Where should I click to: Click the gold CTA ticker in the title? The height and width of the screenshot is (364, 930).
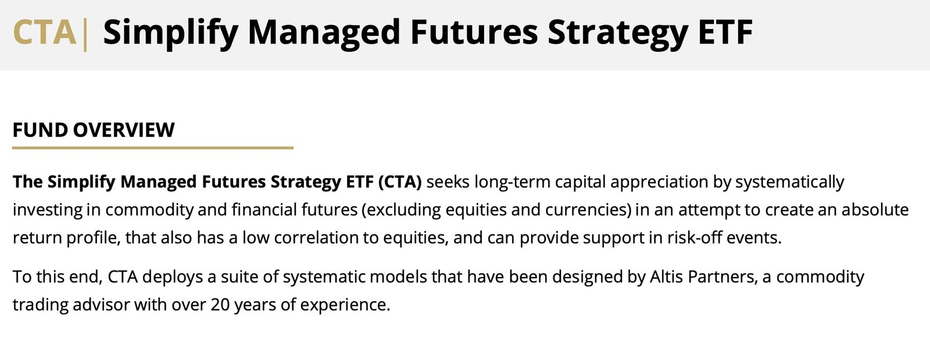tap(44, 33)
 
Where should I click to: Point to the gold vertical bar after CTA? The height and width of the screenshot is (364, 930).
tap(85, 35)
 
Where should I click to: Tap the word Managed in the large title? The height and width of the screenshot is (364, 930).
tap(324, 33)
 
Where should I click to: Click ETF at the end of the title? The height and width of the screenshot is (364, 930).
tap(725, 33)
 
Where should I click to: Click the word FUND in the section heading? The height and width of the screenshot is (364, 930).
tap(40, 130)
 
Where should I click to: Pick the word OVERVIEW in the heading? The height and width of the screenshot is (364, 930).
tap(124, 130)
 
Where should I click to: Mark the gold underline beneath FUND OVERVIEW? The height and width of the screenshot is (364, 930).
tap(153, 147)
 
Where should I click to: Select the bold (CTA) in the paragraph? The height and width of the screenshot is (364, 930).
tap(400, 182)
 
